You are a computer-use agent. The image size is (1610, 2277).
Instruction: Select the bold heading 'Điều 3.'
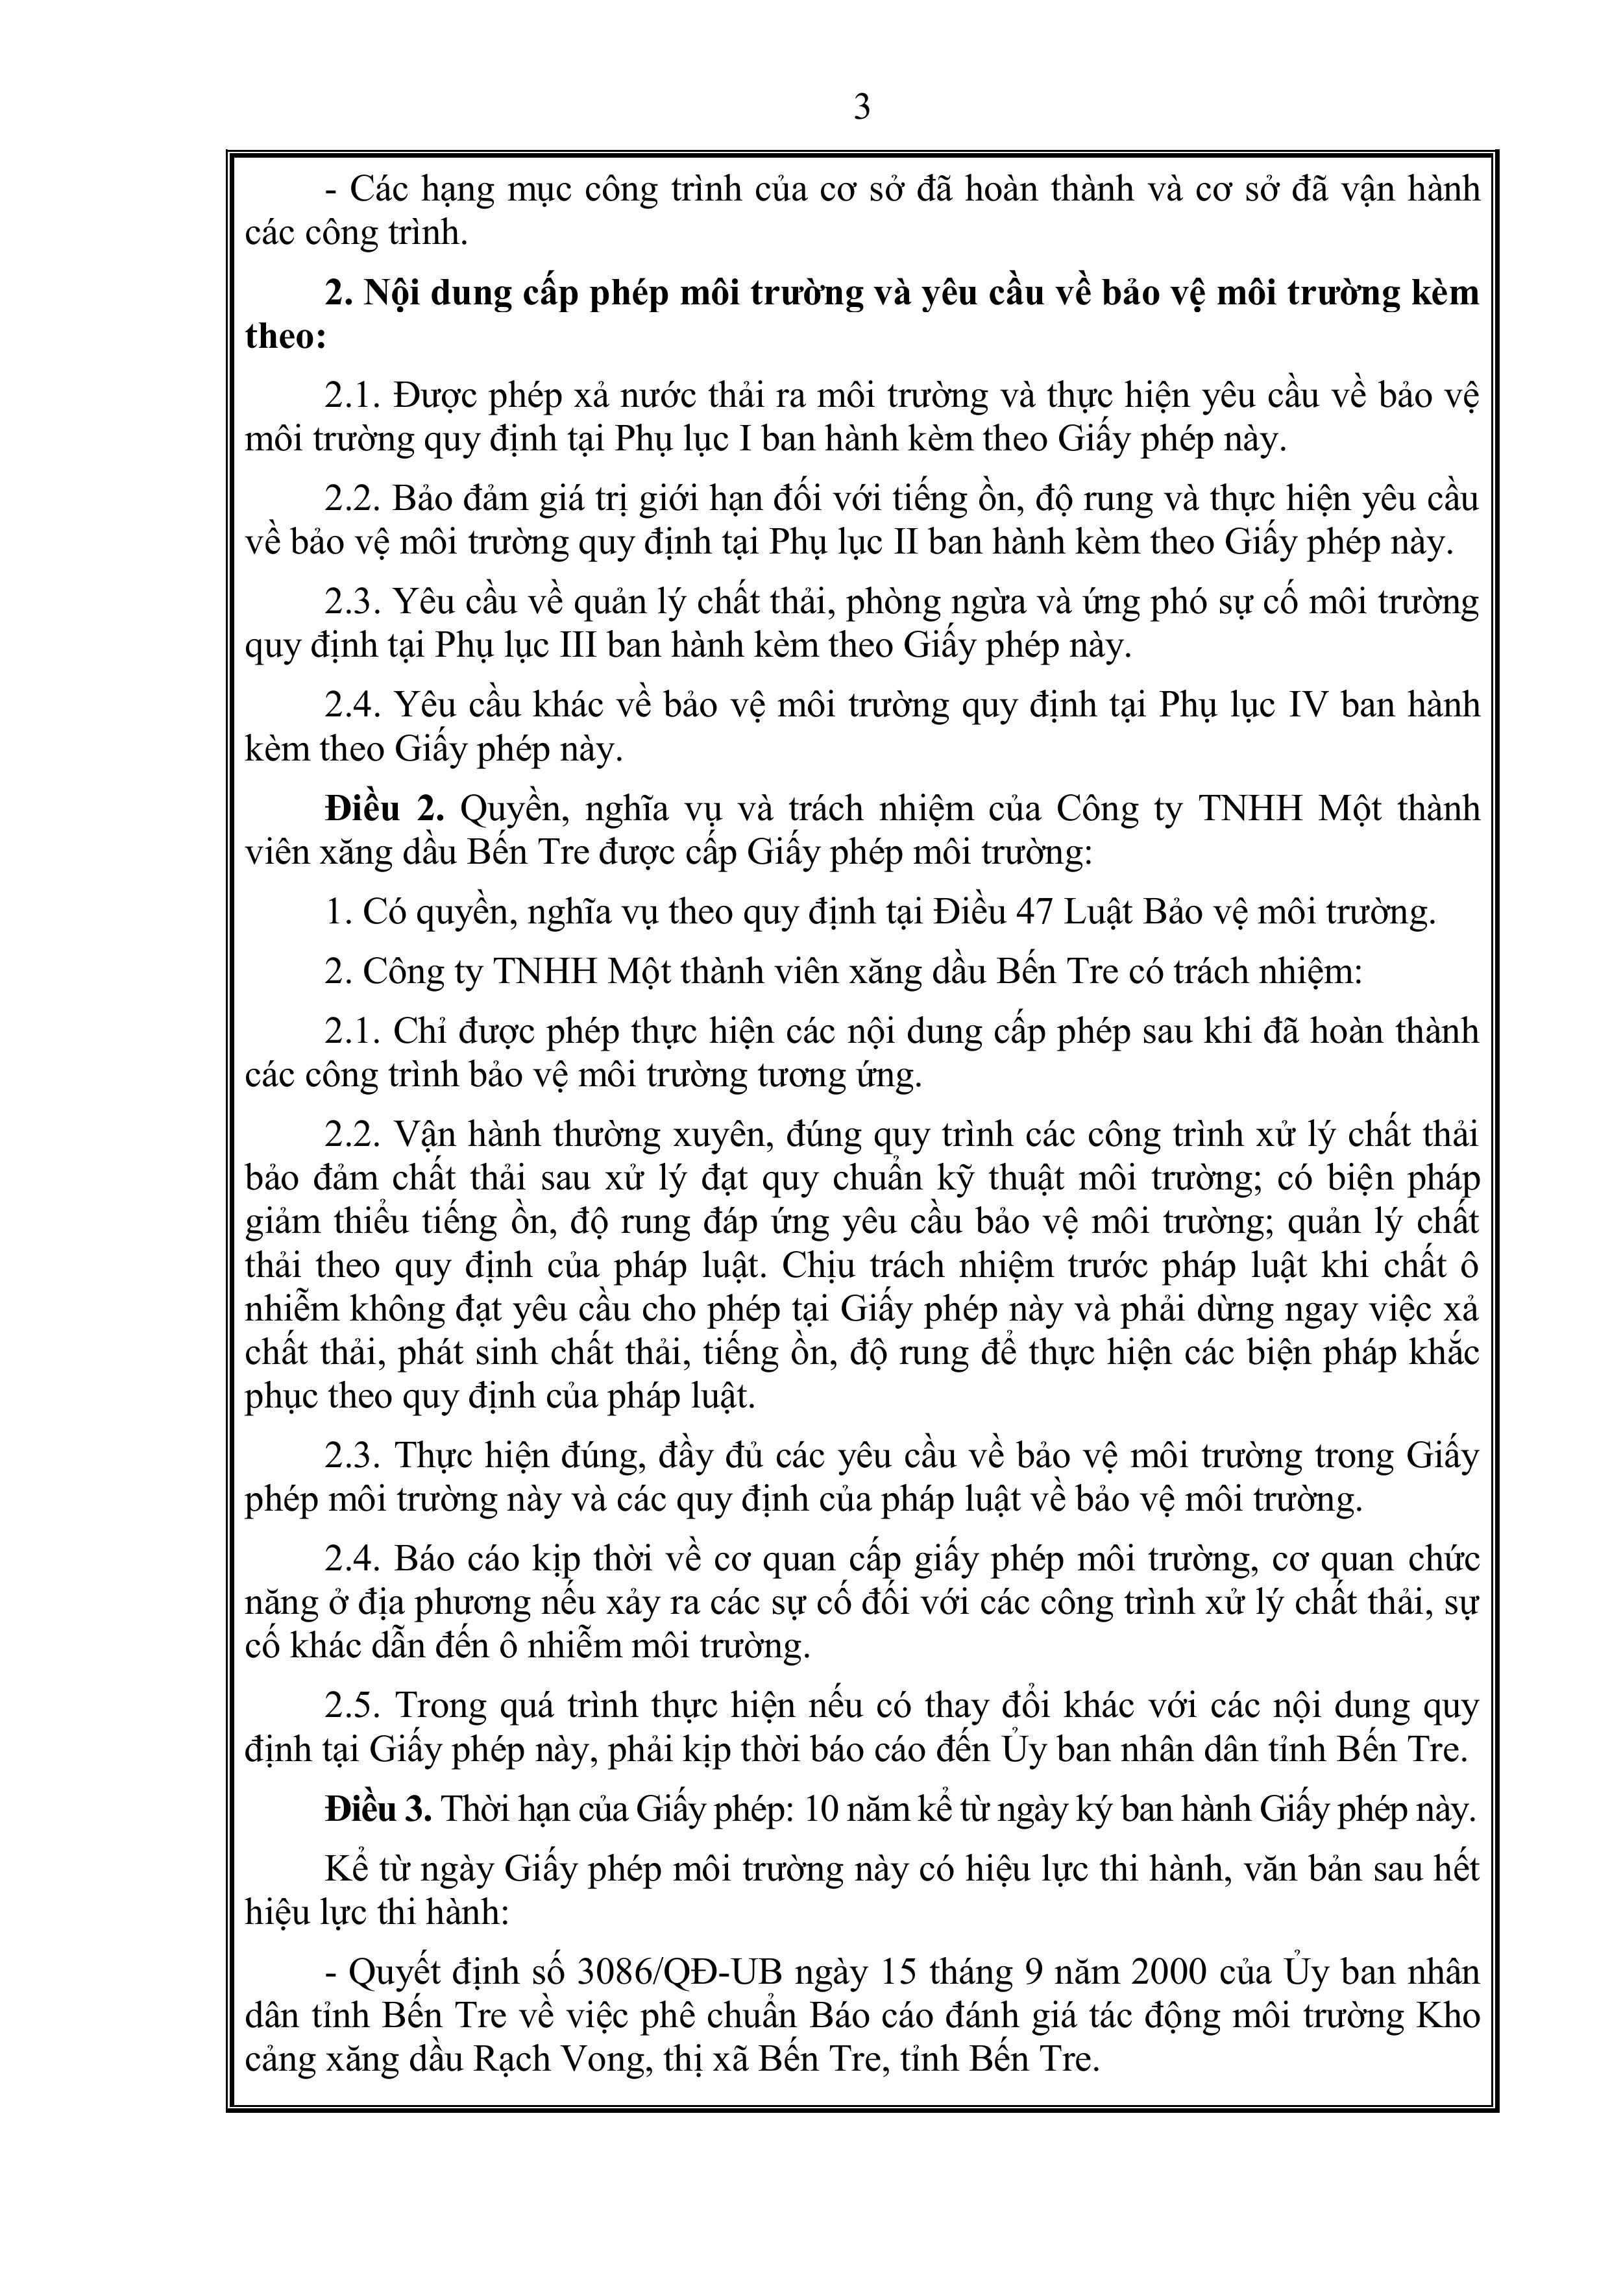click(x=378, y=1810)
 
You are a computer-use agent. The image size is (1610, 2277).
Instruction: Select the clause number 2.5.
click(x=352, y=1707)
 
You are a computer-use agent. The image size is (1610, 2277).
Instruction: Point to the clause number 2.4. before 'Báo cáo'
click(x=352, y=1560)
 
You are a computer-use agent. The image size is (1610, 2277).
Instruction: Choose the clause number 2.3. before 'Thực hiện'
click(x=352, y=1456)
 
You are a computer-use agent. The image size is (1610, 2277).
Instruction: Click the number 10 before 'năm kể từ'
click(x=822, y=1810)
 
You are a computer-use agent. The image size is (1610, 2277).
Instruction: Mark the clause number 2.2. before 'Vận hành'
click(x=352, y=1134)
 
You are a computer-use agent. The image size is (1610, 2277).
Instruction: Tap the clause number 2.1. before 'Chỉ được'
click(x=352, y=1031)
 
